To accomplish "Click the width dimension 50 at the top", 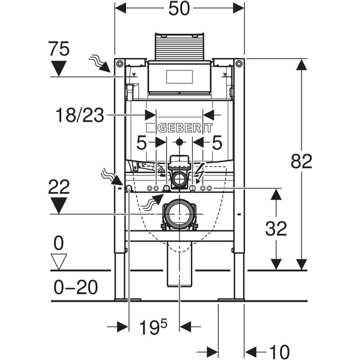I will pos(179,11).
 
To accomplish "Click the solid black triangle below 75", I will pos(60,67).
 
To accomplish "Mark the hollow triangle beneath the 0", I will pos(60,261).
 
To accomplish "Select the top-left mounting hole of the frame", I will pos(120,64).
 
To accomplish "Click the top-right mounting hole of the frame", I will pos(238,64).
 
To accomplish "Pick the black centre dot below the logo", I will pos(179,142).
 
